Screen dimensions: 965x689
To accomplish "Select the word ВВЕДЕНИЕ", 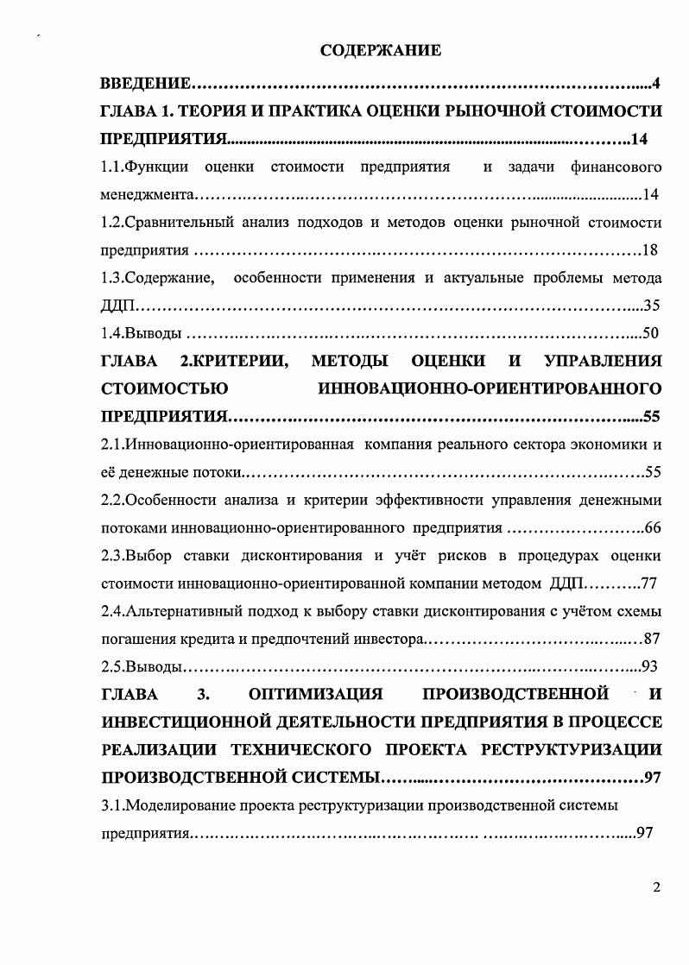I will [145, 84].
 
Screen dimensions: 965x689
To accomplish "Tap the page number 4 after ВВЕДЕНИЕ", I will [655, 84].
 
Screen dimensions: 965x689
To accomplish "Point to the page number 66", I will [652, 528].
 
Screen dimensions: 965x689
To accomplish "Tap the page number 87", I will [652, 640].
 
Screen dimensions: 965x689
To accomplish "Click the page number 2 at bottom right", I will [656, 888].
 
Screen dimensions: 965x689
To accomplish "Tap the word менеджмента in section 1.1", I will [147, 195].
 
